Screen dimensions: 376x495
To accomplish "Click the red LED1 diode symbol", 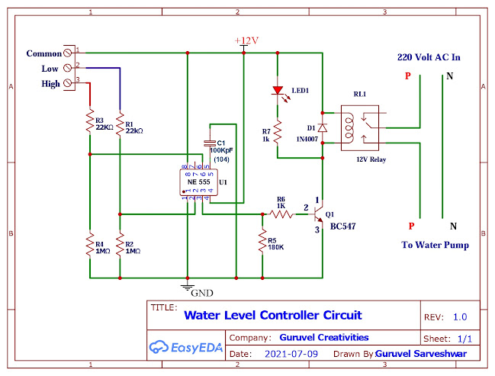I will [278, 91].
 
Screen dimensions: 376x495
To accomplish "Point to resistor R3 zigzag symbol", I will [90, 124].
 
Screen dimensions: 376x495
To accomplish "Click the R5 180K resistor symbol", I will [262, 242].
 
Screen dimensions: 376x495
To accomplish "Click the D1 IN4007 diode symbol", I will [323, 127].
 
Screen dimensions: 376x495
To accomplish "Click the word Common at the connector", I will [43, 53].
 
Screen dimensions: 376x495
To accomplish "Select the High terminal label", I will [50, 84].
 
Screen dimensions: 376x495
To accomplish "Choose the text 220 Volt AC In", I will [429, 57].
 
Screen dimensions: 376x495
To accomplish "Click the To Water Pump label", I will [435, 245].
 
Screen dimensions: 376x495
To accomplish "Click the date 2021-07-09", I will [291, 355].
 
